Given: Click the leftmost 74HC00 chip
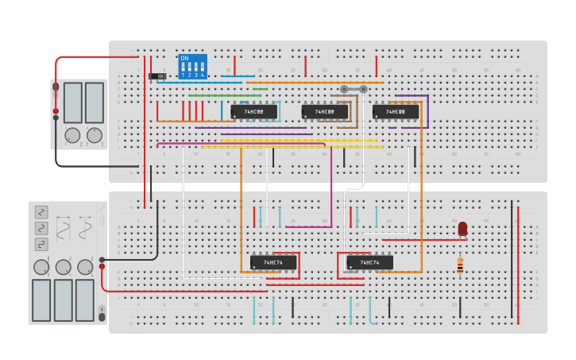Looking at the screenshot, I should pyautogui.click(x=253, y=112).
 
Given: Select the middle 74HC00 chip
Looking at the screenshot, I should pyautogui.click(x=324, y=112).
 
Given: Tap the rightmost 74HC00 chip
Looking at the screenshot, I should pyautogui.click(x=396, y=112).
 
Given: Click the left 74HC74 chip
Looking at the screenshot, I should pyautogui.click(x=273, y=262).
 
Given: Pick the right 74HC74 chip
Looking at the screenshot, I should pyautogui.click(x=369, y=262).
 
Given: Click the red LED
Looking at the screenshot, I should pyautogui.click(x=462, y=229).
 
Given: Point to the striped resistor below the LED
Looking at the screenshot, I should pyautogui.click(x=459, y=265).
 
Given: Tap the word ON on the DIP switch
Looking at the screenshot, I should pyautogui.click(x=184, y=58).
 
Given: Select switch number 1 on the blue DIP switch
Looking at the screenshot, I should pyautogui.click(x=184, y=68).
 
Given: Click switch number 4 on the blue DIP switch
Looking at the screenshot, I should pyautogui.click(x=202, y=68).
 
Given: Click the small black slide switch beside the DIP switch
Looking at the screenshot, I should pyautogui.click(x=157, y=76).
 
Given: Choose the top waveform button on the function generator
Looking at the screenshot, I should pyautogui.click(x=41, y=212).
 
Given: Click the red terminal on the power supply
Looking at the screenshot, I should pyautogui.click(x=56, y=110).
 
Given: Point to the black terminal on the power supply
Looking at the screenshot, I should pyautogui.click(x=56, y=118).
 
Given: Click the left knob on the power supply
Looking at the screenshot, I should pyautogui.click(x=72, y=135).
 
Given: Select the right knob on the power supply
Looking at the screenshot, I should pyautogui.click(x=95, y=135).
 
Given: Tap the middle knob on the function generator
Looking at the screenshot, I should pyautogui.click(x=64, y=267).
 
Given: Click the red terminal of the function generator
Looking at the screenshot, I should pyautogui.click(x=102, y=266).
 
